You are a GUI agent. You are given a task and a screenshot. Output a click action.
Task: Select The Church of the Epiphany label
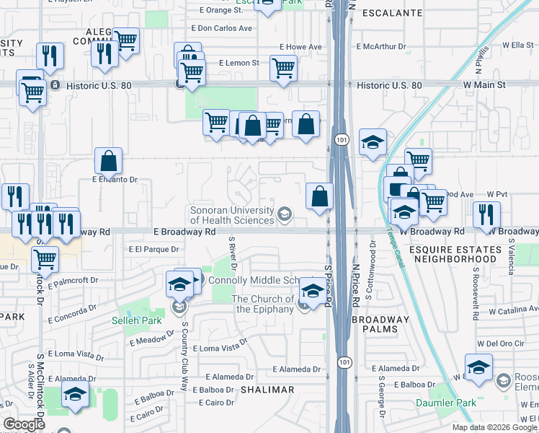point(262,304)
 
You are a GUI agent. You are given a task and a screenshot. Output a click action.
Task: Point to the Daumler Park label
point(441,403)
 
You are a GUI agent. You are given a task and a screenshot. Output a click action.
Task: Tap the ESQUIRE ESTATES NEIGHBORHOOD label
point(455,254)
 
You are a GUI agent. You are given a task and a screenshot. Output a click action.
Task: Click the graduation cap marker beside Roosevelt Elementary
point(478,367)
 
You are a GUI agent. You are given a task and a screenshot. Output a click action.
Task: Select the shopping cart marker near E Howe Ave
point(283,69)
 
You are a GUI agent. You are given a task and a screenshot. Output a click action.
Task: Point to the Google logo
point(24,424)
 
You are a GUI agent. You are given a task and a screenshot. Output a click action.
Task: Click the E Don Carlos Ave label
point(221,28)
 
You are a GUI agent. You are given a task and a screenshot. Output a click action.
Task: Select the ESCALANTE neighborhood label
point(391,13)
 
